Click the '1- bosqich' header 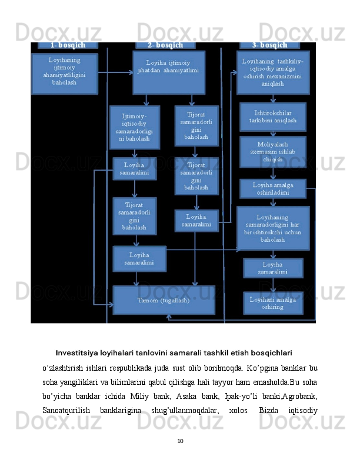(68, 45)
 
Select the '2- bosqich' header (165, 45)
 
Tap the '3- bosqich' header (269, 45)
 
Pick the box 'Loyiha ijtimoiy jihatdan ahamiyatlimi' (168, 72)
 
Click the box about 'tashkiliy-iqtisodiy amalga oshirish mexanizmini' (273, 72)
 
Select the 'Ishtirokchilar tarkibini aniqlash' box (273, 116)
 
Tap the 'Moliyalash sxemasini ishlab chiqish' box (273, 151)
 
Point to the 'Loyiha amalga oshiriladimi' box (273, 188)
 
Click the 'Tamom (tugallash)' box (164, 300)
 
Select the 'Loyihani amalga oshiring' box (273, 302)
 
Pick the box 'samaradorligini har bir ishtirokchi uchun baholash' (273, 228)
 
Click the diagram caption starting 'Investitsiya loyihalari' (174, 353)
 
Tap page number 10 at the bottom (180, 440)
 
